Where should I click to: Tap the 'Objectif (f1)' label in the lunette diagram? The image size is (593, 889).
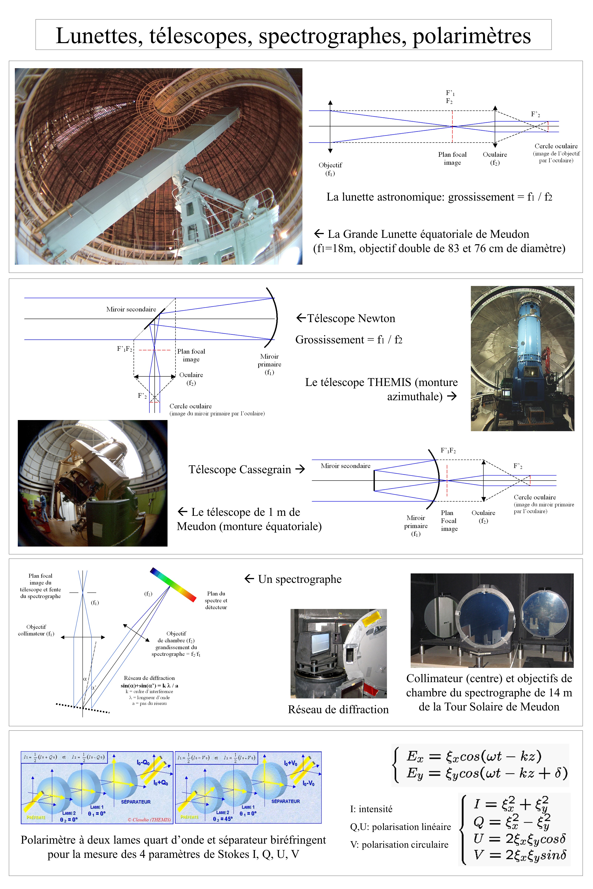pyautogui.click(x=330, y=169)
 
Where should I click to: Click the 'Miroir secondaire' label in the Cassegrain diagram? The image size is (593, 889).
pyautogui.click(x=345, y=466)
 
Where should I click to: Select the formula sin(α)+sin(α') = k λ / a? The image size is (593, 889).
pyautogui.click(x=149, y=685)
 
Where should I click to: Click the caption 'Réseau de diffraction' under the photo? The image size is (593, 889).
pyautogui.click(x=338, y=710)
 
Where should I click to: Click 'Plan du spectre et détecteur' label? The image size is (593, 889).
pyautogui.click(x=216, y=600)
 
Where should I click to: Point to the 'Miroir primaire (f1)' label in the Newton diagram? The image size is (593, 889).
pyautogui.click(x=269, y=364)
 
